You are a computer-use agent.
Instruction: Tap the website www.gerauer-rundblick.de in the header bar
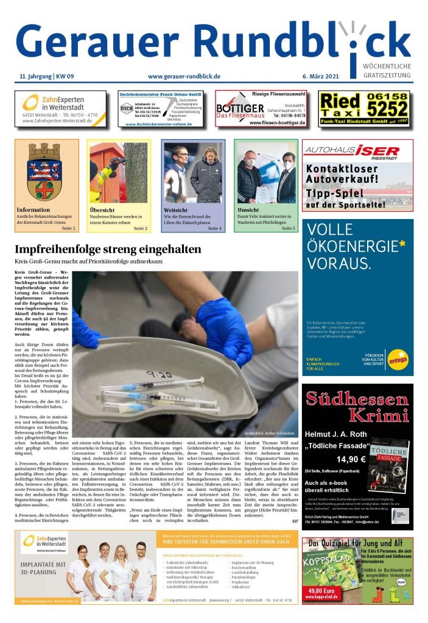click(184, 77)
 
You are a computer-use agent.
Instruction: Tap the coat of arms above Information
click(46, 171)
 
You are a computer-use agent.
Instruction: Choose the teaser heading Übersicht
click(102, 210)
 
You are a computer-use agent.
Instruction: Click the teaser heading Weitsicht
click(176, 210)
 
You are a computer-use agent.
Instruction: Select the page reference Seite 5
click(288, 228)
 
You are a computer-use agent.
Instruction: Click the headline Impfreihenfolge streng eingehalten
click(107, 250)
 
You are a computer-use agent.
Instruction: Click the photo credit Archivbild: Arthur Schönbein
click(270, 433)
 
